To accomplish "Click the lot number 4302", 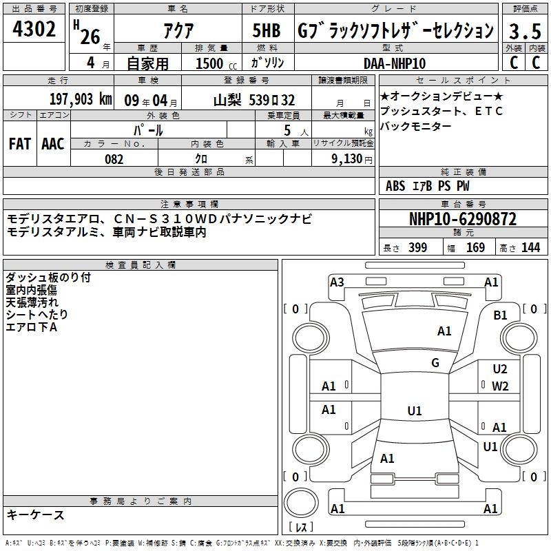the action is [34, 29].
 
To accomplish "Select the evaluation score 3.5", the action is [525, 31].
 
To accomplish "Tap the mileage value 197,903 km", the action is [81, 99].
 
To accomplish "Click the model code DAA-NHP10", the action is [395, 63].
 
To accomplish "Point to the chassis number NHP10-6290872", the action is [463, 219].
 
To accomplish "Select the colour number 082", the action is [114, 159].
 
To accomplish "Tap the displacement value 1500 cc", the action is [216, 63].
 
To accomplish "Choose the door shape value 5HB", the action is [267, 30].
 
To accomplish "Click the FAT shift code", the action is [20, 144].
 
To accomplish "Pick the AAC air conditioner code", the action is [53, 144].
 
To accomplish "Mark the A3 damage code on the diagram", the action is [337, 282].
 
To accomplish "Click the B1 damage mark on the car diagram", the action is [500, 315].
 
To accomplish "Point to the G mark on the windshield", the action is [435, 363].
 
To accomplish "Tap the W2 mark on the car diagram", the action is [500, 386].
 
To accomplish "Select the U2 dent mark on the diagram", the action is [500, 369].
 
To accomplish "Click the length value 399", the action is [417, 247].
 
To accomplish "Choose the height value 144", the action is [530, 247].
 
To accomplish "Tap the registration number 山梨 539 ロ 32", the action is [254, 101].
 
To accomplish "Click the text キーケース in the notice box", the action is [36, 515].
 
